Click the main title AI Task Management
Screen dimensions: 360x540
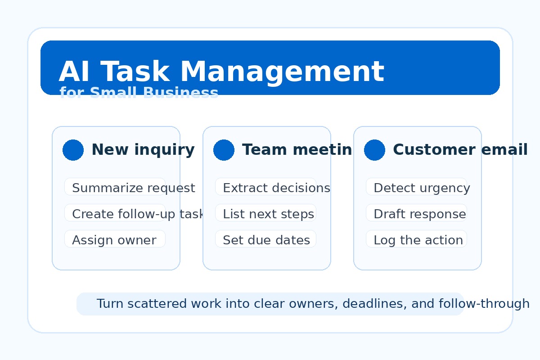(x=221, y=72)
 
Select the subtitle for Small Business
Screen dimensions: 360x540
(x=139, y=93)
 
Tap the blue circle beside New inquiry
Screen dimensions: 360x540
(x=73, y=150)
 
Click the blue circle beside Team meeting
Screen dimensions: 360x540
(x=224, y=150)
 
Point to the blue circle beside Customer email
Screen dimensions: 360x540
(x=374, y=150)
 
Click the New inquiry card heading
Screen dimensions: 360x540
(x=143, y=150)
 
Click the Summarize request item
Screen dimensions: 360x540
(x=133, y=188)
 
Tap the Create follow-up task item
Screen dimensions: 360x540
(x=138, y=214)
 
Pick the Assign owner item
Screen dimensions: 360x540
(x=114, y=240)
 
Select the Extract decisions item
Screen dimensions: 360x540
(x=276, y=188)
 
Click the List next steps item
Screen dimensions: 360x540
(x=268, y=214)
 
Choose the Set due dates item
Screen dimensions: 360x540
(x=266, y=240)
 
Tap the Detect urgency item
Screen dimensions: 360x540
(x=422, y=188)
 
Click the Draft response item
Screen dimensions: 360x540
(x=419, y=214)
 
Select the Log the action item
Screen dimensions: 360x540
(x=418, y=240)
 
